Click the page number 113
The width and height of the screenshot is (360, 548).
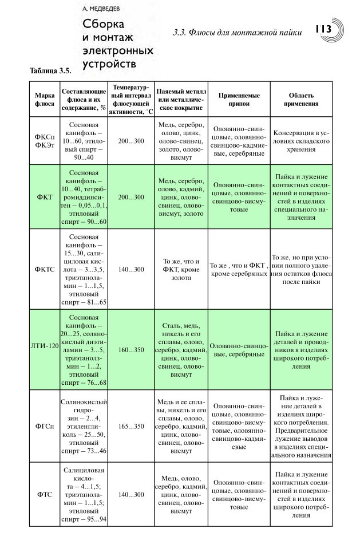tap(322, 30)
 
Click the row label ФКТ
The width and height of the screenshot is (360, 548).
tap(44, 197)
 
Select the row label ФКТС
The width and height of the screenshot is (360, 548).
tap(44, 269)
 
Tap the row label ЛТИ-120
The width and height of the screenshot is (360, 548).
tap(44, 349)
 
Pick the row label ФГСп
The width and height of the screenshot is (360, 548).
tap(44, 426)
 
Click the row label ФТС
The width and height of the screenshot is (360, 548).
tap(44, 494)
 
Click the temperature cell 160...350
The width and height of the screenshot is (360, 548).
tap(131, 349)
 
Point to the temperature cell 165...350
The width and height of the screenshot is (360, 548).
tap(131, 426)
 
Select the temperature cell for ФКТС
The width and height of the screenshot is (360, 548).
tap(131, 269)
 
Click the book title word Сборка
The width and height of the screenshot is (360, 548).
tap(104, 25)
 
